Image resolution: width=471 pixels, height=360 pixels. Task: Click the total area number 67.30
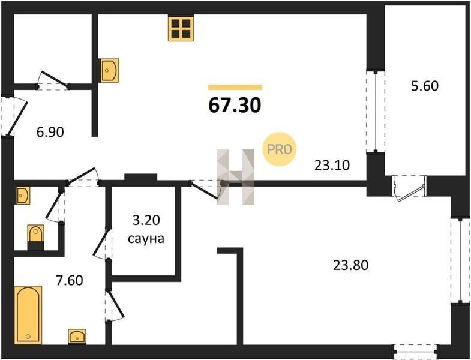click(x=235, y=106)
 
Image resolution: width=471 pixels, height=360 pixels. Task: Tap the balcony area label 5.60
click(x=424, y=86)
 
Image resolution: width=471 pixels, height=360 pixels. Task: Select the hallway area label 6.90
click(x=50, y=132)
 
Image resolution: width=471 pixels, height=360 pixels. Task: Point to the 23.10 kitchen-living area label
click(x=332, y=165)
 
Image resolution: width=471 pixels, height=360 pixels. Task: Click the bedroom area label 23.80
click(x=350, y=265)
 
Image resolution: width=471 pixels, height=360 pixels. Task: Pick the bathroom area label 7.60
click(x=70, y=280)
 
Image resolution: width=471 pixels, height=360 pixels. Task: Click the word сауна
click(x=146, y=239)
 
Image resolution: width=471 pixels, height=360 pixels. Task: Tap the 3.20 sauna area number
click(x=146, y=221)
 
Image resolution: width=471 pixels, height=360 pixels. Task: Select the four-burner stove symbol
click(x=181, y=28)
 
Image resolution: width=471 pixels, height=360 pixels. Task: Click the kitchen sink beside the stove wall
click(x=109, y=70)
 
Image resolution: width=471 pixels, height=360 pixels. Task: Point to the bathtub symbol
click(x=28, y=314)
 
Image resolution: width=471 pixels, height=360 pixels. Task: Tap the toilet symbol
click(x=36, y=238)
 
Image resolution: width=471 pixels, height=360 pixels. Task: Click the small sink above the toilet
click(x=23, y=196)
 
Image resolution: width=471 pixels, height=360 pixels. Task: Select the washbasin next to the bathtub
click(x=77, y=336)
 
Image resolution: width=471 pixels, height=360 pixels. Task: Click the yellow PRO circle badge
click(x=280, y=149)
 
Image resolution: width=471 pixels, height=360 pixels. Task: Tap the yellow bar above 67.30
click(x=235, y=88)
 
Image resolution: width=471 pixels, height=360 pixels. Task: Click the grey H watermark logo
click(x=235, y=177)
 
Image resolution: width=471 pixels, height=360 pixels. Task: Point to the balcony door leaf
click(x=410, y=194)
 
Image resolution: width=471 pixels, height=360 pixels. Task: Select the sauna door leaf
click(x=101, y=243)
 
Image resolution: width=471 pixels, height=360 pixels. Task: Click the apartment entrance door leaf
click(x=17, y=118)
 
